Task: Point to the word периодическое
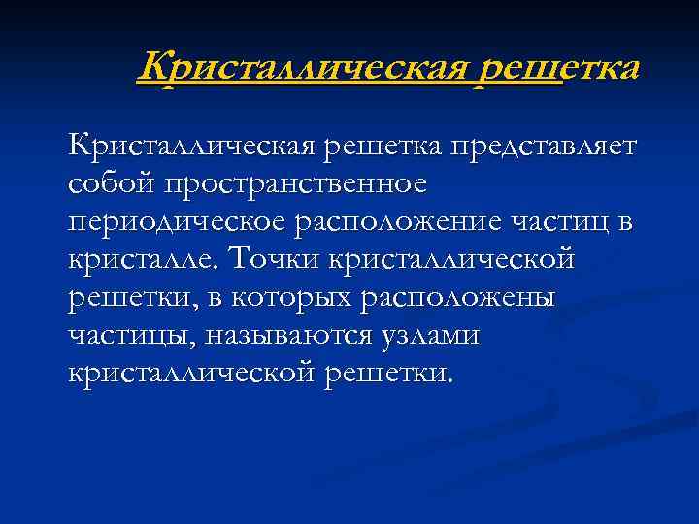click(175, 222)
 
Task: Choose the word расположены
click(457, 298)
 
